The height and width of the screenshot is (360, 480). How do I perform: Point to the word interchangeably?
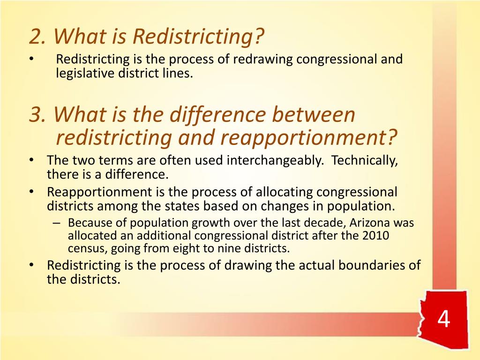click(275, 161)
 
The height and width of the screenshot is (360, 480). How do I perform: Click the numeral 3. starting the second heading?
click(38, 115)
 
